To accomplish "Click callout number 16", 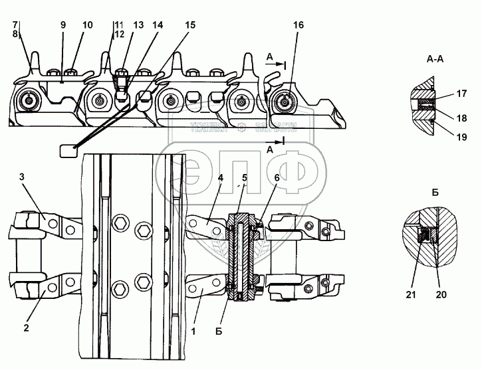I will click(298, 25).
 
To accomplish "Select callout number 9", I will click(64, 25).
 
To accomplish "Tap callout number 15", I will click(190, 25).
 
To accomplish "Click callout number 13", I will click(138, 25).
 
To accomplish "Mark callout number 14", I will click(157, 25).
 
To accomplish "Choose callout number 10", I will click(87, 25).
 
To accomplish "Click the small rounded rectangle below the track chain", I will click(68, 151).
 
